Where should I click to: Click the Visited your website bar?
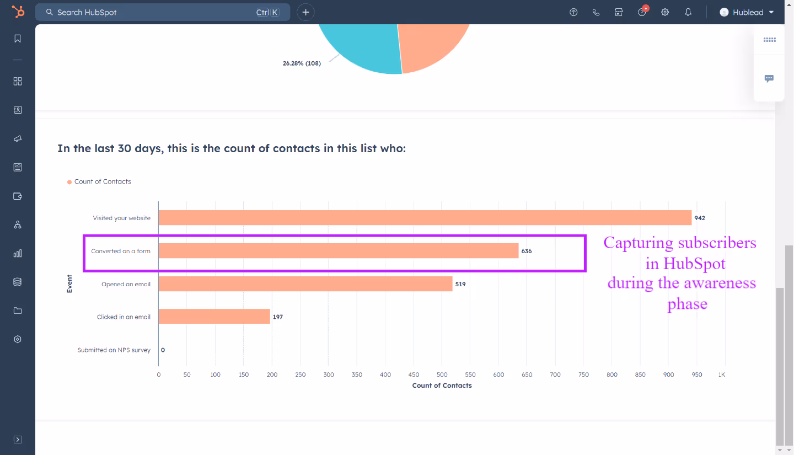click(x=425, y=218)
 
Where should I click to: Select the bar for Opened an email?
click(x=305, y=284)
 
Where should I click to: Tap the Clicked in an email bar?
click(x=214, y=317)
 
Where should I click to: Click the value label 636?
click(x=527, y=251)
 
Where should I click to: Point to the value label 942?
click(x=700, y=218)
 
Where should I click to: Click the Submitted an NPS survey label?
click(x=114, y=350)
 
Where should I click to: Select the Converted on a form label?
click(x=121, y=251)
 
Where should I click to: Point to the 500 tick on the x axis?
click(x=442, y=374)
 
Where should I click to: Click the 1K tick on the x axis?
click(x=721, y=374)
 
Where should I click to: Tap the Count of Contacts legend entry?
click(x=103, y=181)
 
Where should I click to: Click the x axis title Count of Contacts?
click(x=442, y=386)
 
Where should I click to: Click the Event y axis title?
click(x=69, y=283)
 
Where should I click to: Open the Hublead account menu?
click(x=747, y=12)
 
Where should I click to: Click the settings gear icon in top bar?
click(x=665, y=12)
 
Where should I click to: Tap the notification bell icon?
click(x=688, y=12)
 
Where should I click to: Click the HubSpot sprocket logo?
click(x=18, y=12)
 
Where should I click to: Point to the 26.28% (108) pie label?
click(x=302, y=63)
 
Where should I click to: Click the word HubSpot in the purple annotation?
click(x=694, y=264)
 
